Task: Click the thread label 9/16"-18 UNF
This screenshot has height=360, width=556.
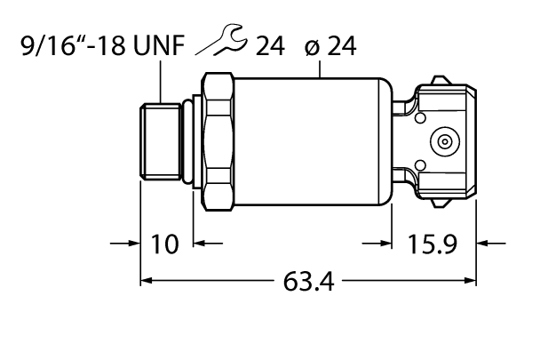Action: pyautogui.click(x=101, y=47)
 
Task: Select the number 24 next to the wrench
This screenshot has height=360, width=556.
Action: pyautogui.click(x=268, y=47)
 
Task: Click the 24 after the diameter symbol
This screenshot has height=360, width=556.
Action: pyautogui.click(x=339, y=47)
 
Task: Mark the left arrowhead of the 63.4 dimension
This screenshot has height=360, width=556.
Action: pyautogui.click(x=147, y=282)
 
